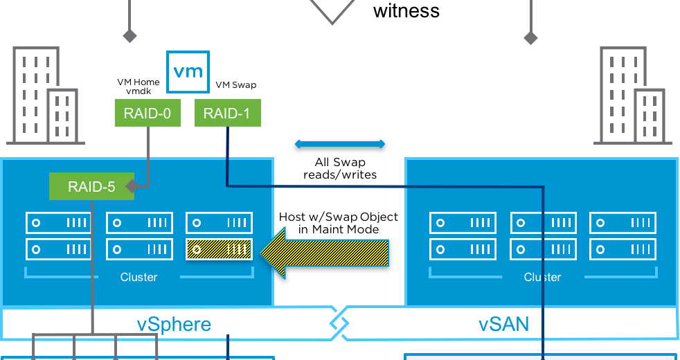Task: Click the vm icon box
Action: (188, 72)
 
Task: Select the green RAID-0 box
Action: (147, 114)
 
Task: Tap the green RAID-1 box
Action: (228, 114)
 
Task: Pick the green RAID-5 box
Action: (91, 186)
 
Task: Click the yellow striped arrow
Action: (325, 253)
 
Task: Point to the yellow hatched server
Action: (219, 249)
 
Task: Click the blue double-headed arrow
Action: (340, 144)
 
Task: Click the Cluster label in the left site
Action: (138, 277)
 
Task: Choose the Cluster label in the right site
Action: (542, 277)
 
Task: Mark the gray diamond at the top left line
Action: (129, 35)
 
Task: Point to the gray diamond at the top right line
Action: (530, 37)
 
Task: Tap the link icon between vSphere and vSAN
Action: (339, 322)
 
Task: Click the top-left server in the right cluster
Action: (463, 223)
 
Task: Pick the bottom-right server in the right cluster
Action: (622, 249)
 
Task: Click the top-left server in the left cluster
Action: (59, 223)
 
